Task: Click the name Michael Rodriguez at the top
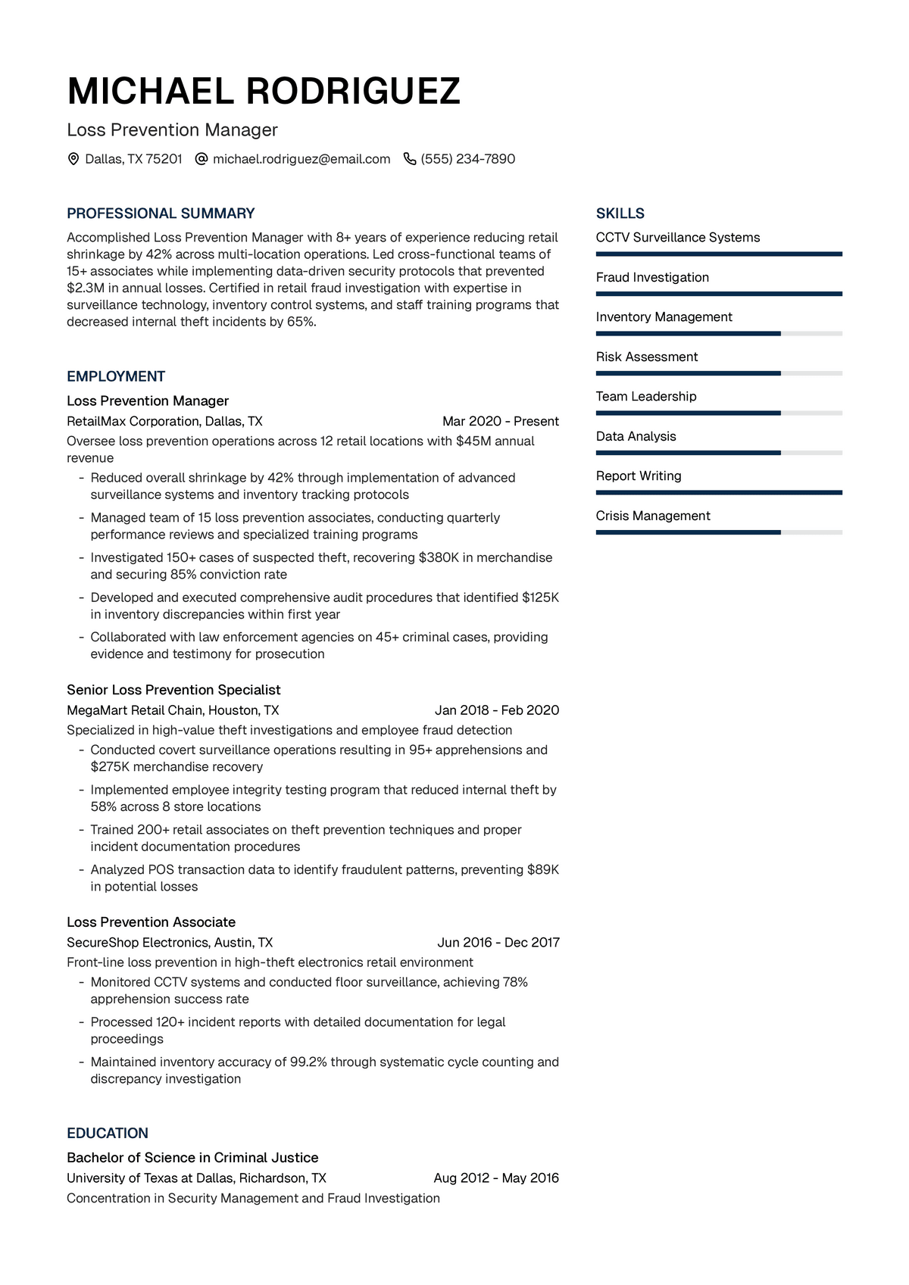tap(264, 92)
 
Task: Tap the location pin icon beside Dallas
tap(73, 159)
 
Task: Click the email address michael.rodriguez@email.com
tap(301, 159)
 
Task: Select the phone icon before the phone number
tap(410, 159)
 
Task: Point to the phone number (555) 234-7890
tap(468, 159)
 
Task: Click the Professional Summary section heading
tap(161, 214)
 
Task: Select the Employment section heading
tap(116, 376)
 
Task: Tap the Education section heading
tap(108, 1133)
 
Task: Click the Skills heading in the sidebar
tap(620, 214)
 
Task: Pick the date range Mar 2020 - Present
tap(501, 421)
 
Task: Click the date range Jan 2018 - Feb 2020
tap(497, 710)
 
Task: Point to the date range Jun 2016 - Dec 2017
tap(498, 943)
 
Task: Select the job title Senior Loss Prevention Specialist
tap(173, 690)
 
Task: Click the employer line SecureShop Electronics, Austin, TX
tap(170, 943)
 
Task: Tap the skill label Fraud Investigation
tap(652, 277)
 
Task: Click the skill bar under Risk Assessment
tap(719, 373)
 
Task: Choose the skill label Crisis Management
tap(653, 516)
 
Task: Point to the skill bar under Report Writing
tap(719, 492)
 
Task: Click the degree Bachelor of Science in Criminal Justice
tap(192, 1158)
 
